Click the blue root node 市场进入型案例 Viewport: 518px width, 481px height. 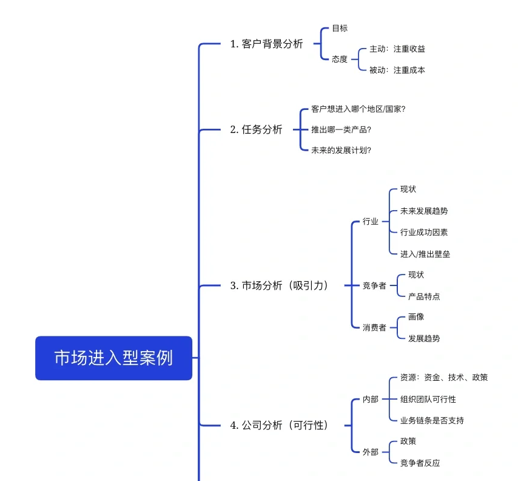(113, 358)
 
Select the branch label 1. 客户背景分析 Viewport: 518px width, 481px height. (266, 44)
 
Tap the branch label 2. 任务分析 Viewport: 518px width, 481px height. (256, 129)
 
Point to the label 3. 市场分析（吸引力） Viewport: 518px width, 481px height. (280, 285)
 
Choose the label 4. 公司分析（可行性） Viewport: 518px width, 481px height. (280, 425)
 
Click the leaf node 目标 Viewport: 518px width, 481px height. (340, 28)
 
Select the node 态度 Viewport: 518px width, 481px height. (340, 59)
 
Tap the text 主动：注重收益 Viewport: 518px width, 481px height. (397, 49)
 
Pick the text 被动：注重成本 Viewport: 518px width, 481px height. (397, 70)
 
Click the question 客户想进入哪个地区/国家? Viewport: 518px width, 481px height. (358, 109)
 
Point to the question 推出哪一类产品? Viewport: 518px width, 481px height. (341, 129)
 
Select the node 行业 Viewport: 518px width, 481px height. (371, 221)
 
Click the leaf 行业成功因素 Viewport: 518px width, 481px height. (424, 232)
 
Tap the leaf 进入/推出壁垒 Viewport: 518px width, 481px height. (425, 254)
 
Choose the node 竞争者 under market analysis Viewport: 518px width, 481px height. (374, 285)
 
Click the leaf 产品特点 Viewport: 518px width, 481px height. (424, 296)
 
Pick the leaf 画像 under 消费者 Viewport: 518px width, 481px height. (416, 316)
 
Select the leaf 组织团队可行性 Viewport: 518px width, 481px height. (428, 399)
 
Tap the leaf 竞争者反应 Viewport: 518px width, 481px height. (420, 463)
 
